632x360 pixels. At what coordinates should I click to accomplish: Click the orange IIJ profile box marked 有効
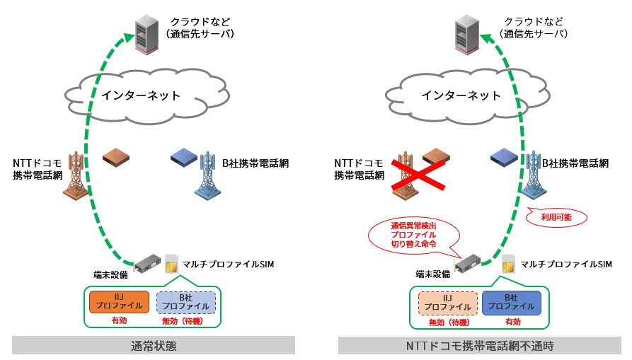[119, 302]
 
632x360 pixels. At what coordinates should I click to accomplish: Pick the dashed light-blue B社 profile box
[185, 302]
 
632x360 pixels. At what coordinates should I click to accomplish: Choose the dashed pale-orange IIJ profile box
[447, 302]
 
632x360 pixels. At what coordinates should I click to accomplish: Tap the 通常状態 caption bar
[154, 345]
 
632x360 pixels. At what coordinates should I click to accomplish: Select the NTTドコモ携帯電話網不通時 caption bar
[480, 345]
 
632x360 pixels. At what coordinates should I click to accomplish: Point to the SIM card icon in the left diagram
[171, 263]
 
